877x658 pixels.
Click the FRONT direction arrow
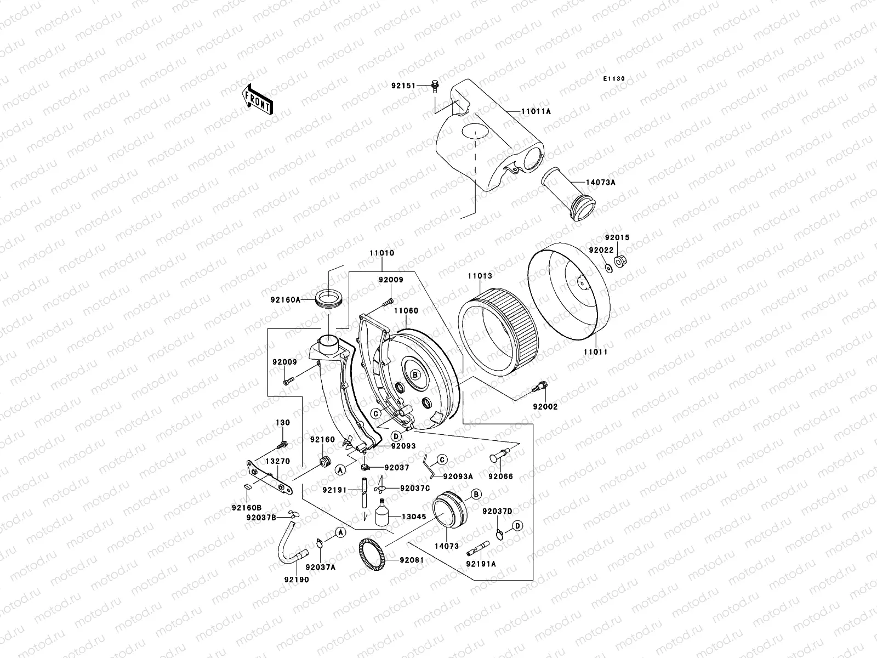point(258,100)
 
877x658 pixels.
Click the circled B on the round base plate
point(415,375)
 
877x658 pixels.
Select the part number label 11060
point(406,310)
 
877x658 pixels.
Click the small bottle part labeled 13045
point(382,514)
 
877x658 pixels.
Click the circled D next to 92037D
point(517,526)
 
